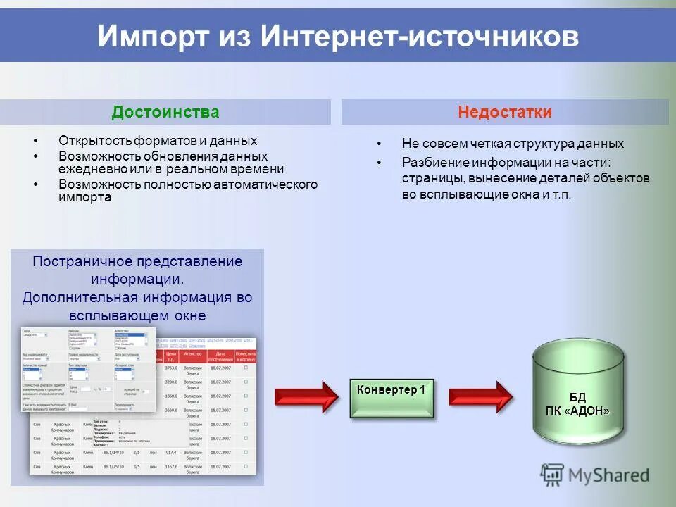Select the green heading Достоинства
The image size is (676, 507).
click(x=165, y=113)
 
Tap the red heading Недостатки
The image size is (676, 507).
click(x=505, y=113)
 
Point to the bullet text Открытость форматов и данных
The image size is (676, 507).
click(x=158, y=141)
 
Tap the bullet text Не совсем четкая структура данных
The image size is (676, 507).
click(x=513, y=144)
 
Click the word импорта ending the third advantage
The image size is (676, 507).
click(x=84, y=197)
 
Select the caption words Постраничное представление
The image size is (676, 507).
click(x=137, y=261)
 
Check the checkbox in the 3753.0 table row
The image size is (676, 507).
click(x=246, y=368)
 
